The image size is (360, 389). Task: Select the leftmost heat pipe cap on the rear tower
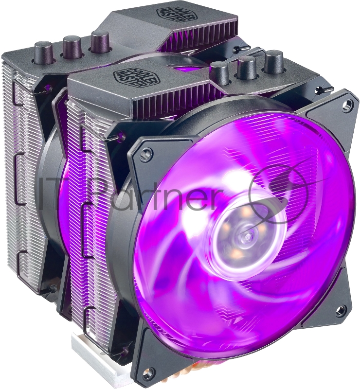coord(43,52)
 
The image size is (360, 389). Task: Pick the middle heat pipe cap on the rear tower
coord(72,45)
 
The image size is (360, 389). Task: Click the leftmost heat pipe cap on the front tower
coord(219,72)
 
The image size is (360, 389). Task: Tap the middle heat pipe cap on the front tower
coord(247,66)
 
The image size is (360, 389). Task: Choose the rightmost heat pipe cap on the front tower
coord(274,61)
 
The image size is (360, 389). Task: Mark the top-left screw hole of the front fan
coord(144,156)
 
